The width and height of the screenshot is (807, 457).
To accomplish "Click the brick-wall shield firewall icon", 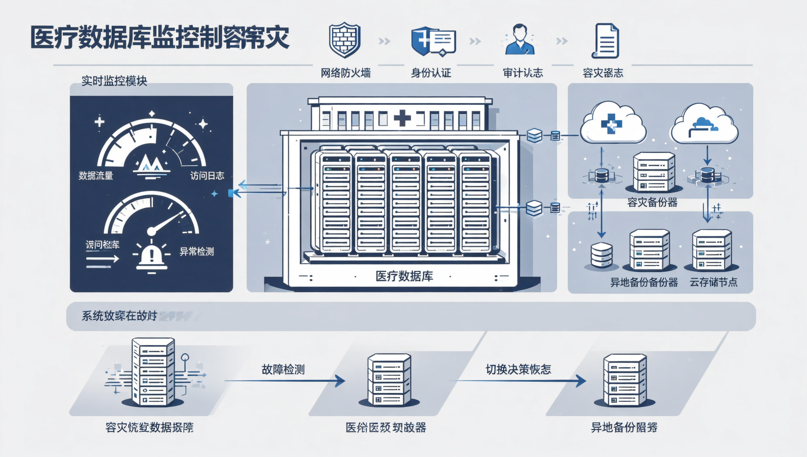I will (x=344, y=40).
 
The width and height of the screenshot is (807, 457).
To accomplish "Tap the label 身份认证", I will (x=431, y=73).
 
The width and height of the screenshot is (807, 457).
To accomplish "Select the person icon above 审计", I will (x=520, y=40).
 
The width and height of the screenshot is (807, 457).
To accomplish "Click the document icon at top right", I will (x=605, y=41).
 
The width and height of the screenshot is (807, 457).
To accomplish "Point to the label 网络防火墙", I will (x=345, y=73).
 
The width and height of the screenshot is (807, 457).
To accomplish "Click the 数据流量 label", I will (x=96, y=176).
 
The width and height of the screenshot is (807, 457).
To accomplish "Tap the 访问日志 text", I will (x=207, y=176).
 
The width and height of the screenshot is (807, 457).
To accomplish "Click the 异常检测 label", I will (x=197, y=251).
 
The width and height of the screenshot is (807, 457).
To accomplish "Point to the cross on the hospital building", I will (x=402, y=119).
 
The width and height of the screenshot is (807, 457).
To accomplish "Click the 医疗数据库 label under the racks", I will (x=404, y=277).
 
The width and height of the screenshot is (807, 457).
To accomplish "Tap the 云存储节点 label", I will (x=713, y=282).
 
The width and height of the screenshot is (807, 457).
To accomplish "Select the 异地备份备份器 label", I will (x=644, y=282).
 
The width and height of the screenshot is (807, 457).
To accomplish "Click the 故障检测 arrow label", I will (x=283, y=369).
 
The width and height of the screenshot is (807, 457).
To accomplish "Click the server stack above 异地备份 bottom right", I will (x=624, y=380).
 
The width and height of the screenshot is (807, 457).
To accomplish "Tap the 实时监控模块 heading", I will (x=114, y=80).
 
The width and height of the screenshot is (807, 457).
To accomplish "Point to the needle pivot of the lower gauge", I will (x=151, y=232).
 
